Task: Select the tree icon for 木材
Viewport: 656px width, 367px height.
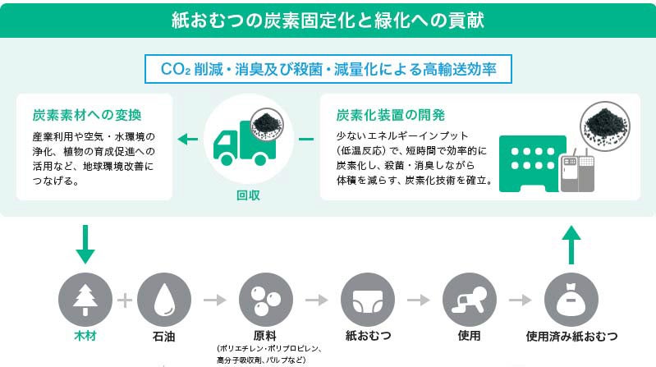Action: (85, 300)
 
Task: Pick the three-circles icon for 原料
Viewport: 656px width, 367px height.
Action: (265, 300)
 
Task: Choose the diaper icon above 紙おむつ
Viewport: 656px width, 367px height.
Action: (367, 300)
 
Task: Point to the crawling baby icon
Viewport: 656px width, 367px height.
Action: (469, 300)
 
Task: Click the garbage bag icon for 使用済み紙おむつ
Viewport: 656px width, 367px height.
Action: (571, 300)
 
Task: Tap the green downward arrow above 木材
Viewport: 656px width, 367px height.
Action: (85, 243)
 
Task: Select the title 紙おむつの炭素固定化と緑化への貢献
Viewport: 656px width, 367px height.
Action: (328, 19)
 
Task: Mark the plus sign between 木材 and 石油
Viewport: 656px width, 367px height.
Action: (124, 300)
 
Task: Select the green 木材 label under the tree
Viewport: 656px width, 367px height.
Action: (85, 337)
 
